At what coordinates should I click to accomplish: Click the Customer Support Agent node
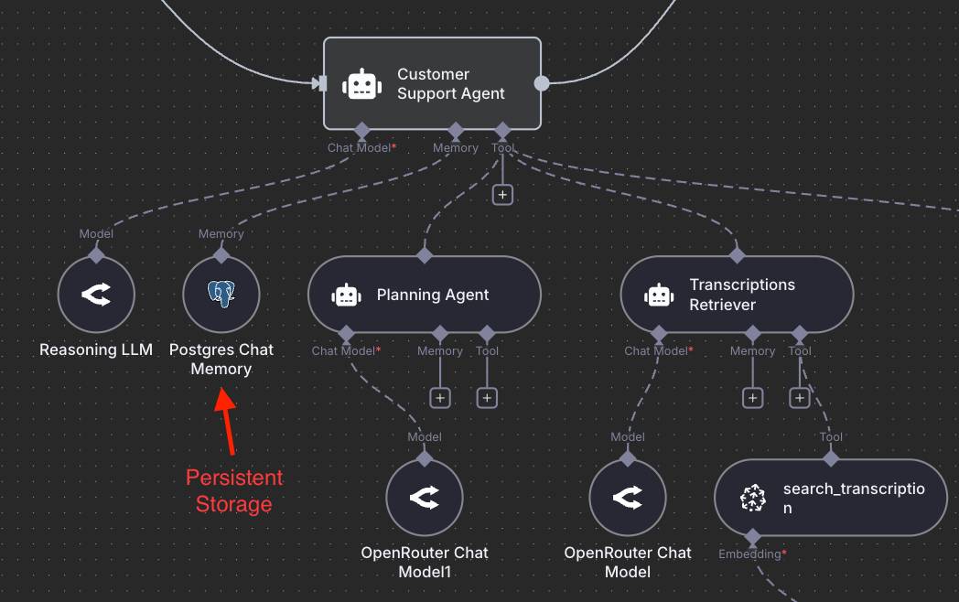pos(432,83)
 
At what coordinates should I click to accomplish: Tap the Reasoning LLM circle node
pos(96,295)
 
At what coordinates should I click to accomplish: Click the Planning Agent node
pos(425,295)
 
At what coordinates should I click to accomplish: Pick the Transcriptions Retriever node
pos(737,295)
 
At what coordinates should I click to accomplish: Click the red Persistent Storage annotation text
pos(234,490)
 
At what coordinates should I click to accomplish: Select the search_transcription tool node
pos(831,498)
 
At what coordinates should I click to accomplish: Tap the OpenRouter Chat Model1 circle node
pos(425,498)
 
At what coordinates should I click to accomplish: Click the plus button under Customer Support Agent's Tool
pos(501,195)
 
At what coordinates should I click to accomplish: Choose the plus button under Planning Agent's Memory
pos(440,398)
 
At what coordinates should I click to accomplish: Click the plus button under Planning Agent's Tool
pos(487,398)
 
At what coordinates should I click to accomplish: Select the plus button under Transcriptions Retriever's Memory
pos(753,398)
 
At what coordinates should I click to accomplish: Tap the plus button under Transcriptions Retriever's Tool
pos(800,398)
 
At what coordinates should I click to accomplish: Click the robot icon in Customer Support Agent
pos(362,84)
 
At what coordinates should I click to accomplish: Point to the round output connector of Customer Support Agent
pos(542,83)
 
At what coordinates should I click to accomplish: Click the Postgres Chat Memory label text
pos(221,360)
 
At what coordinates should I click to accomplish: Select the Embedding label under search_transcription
pos(750,554)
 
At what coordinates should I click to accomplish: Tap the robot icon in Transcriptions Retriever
pos(659,296)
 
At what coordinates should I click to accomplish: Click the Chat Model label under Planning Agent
pos(344,351)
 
